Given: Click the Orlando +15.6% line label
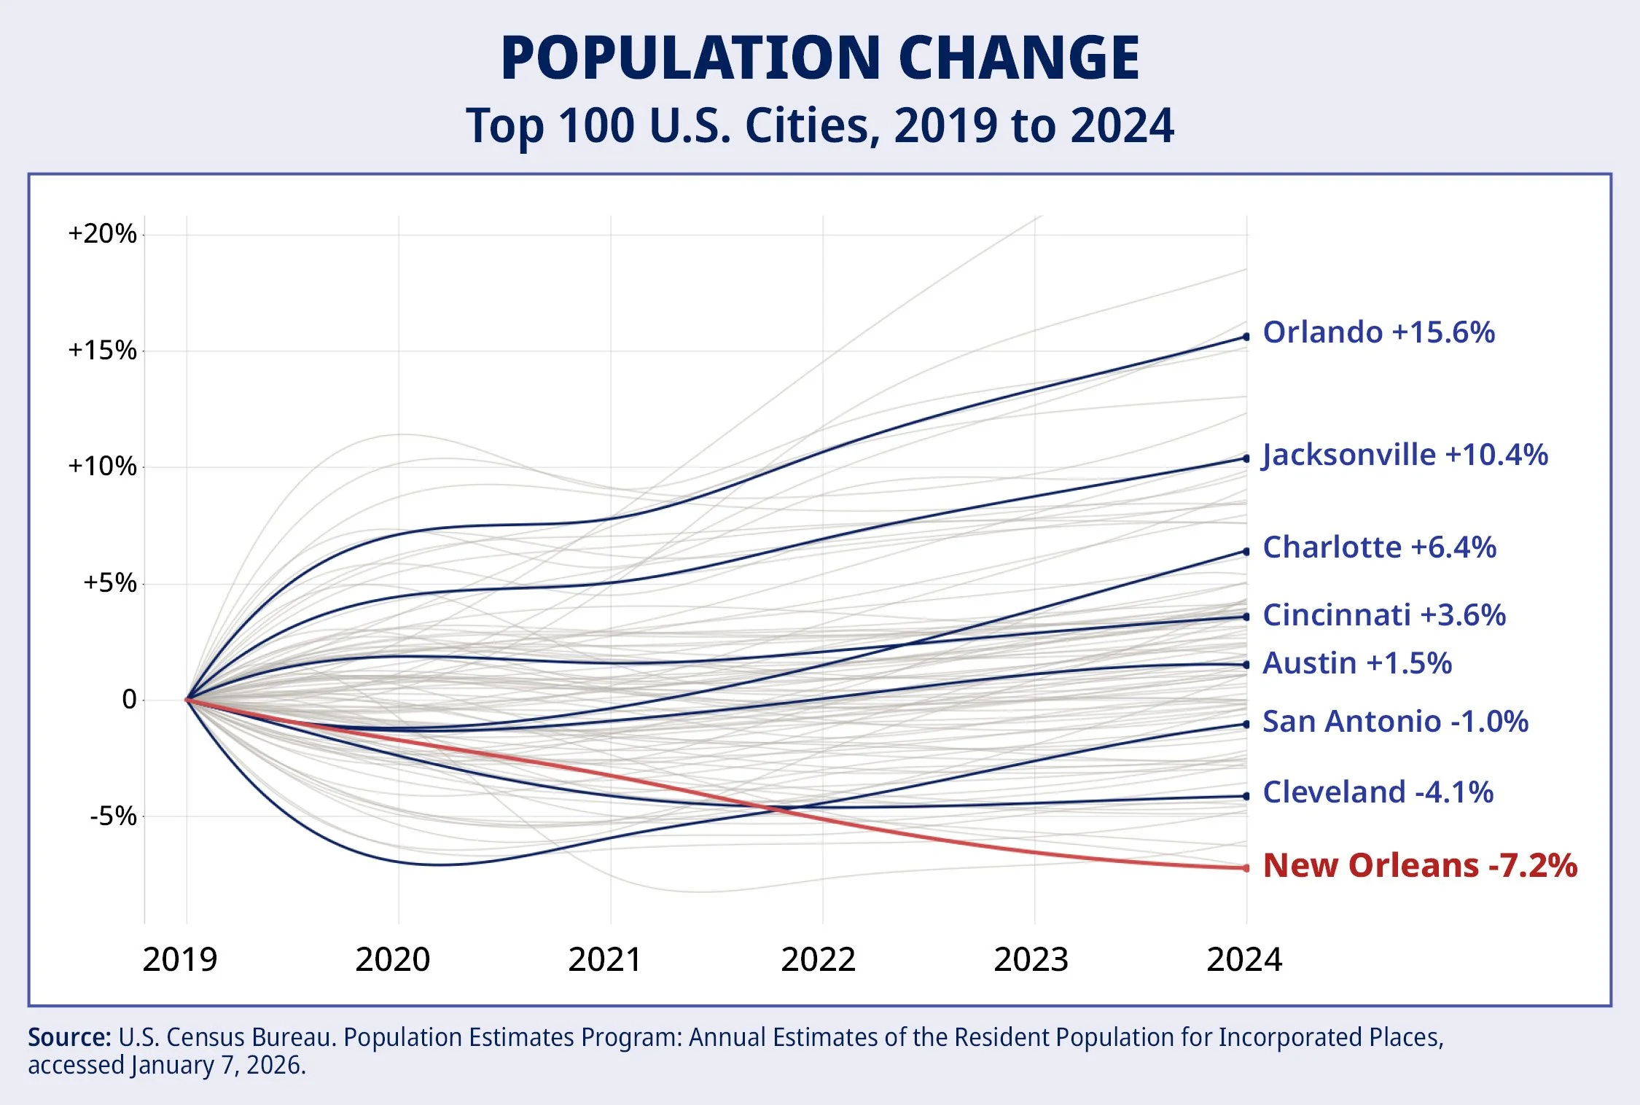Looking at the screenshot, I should (x=1378, y=332).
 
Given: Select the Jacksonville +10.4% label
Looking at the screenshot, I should (x=1405, y=455).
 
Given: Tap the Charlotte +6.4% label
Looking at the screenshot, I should (x=1379, y=547).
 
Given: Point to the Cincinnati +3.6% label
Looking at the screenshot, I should (x=1383, y=615).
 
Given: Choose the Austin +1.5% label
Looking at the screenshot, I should (x=1356, y=663).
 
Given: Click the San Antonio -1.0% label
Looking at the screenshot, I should (x=1395, y=722).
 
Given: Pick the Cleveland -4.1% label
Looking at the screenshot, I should (x=1378, y=792).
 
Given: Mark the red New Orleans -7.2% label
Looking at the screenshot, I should (x=1419, y=866).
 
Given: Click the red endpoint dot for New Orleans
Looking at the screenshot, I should (x=1246, y=868).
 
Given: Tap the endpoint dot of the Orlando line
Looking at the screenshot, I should (x=1246, y=337).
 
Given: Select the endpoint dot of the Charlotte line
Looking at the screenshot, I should (x=1246, y=552).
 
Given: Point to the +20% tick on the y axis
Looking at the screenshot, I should (x=102, y=234).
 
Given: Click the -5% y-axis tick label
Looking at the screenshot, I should (x=113, y=816).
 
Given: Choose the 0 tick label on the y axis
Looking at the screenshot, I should (x=129, y=700).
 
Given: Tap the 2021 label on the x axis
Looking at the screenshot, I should (x=605, y=960).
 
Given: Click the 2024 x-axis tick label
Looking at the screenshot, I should (x=1244, y=960).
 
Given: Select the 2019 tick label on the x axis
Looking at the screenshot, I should (x=180, y=960).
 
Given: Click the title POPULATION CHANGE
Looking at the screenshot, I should (x=820, y=58).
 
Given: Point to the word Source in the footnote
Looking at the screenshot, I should (x=69, y=1037).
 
